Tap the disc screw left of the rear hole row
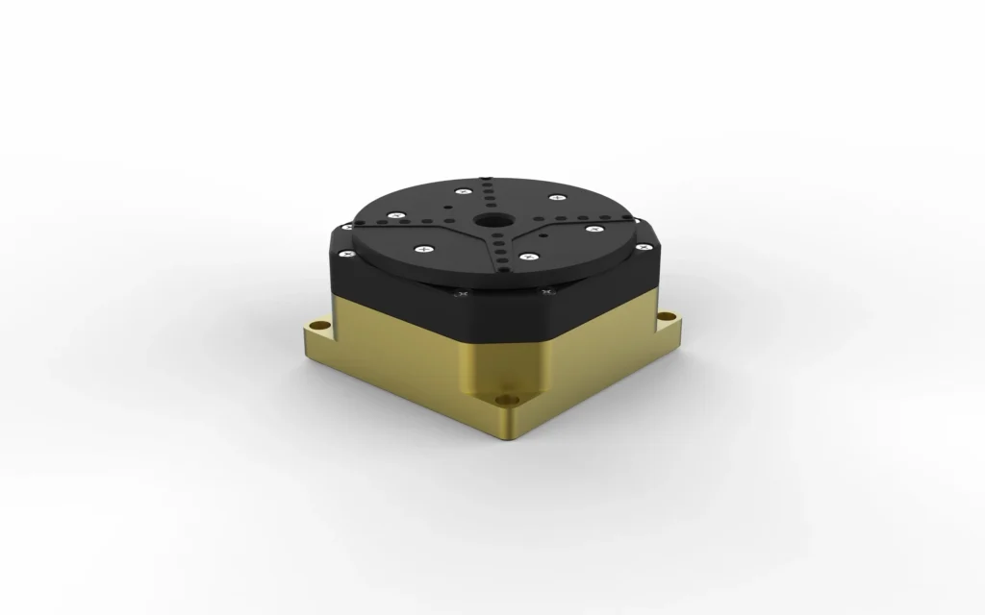pos(465,190)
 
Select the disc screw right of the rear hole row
pos(557,197)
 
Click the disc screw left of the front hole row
pos(423,249)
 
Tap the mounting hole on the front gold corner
pos(505,395)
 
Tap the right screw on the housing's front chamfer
pos(548,290)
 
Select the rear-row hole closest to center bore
pos(491,205)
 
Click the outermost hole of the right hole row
pos(627,217)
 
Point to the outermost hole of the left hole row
pos(360,222)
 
